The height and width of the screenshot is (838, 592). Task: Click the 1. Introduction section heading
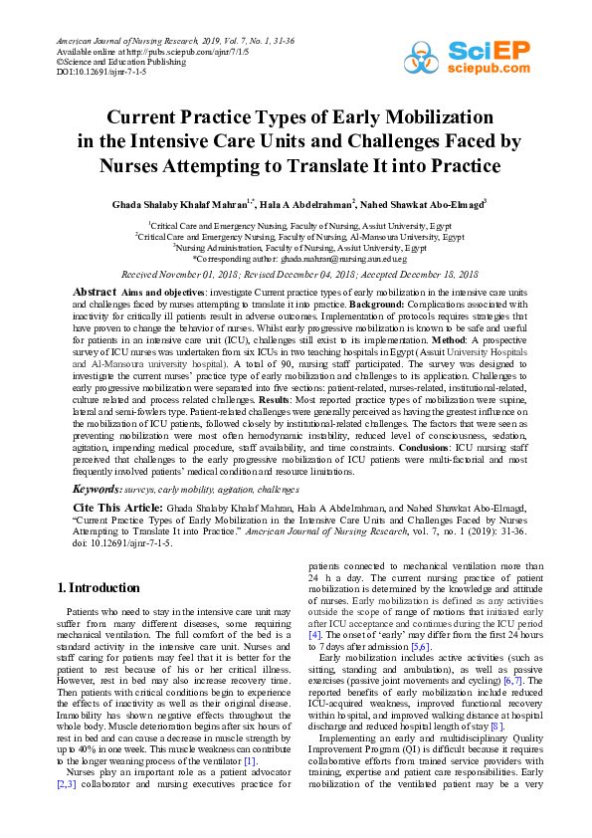coord(100,587)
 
